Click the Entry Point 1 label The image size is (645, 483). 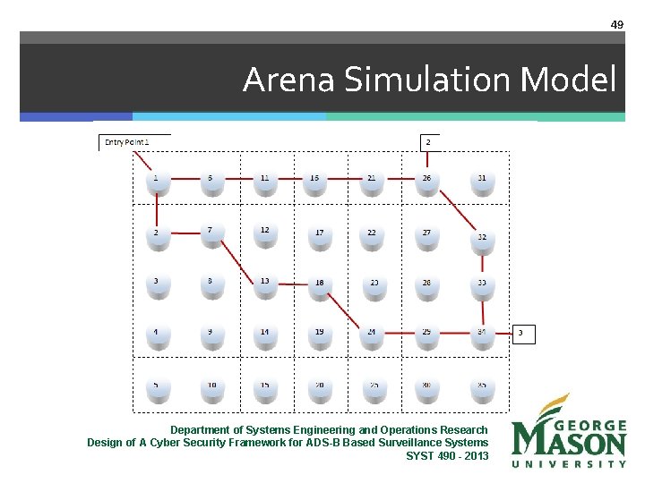[127, 141]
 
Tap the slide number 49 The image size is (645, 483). [616, 24]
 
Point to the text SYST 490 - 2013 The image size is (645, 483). [447, 455]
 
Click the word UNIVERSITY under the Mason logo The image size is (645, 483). [569, 463]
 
